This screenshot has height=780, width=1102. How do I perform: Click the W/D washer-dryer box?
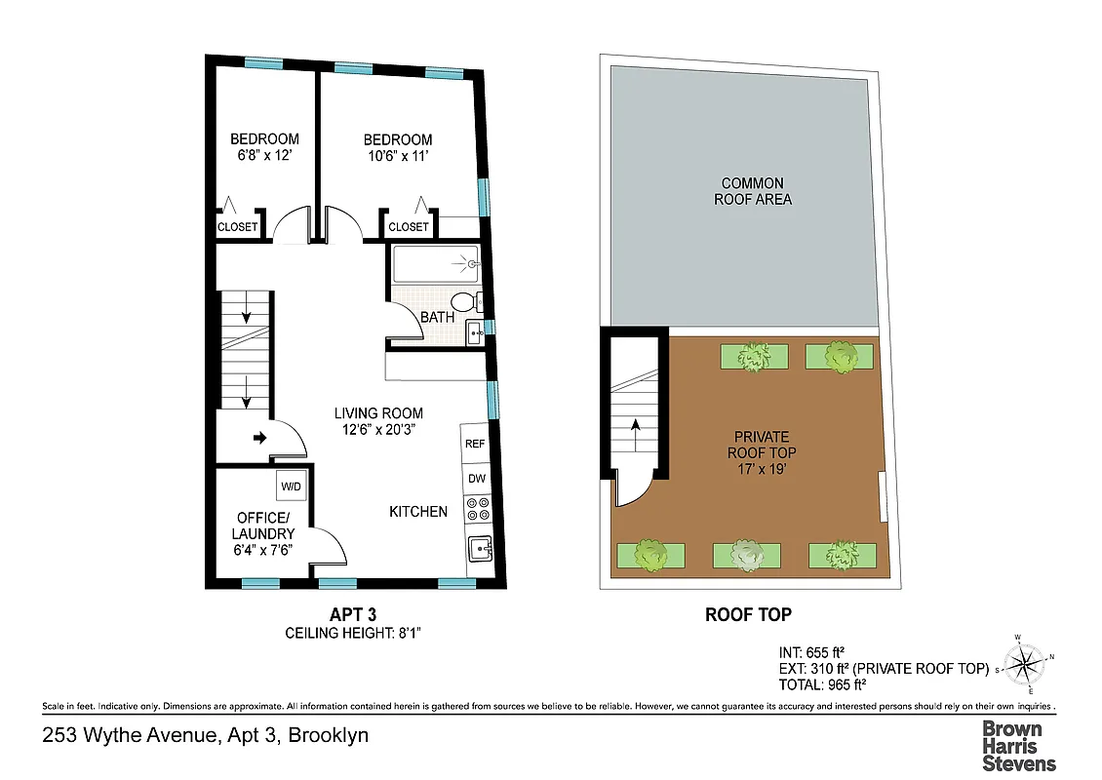point(291,486)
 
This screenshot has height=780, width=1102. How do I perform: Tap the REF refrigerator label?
point(476,444)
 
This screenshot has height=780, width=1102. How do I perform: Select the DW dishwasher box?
point(476,479)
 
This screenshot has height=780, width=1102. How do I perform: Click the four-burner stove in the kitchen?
point(477,509)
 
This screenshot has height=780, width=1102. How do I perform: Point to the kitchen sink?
point(478,550)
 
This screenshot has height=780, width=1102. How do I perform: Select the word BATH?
point(437,318)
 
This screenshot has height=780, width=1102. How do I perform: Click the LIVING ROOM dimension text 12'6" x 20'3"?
point(378,430)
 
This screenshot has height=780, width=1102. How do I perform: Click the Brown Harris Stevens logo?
point(1018,745)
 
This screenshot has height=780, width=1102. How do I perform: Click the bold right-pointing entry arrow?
point(260,439)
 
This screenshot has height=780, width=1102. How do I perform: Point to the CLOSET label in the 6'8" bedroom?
point(237,227)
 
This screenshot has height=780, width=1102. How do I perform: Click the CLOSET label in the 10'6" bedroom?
point(408,227)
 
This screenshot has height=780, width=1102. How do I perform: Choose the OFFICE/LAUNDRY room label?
point(262,526)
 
